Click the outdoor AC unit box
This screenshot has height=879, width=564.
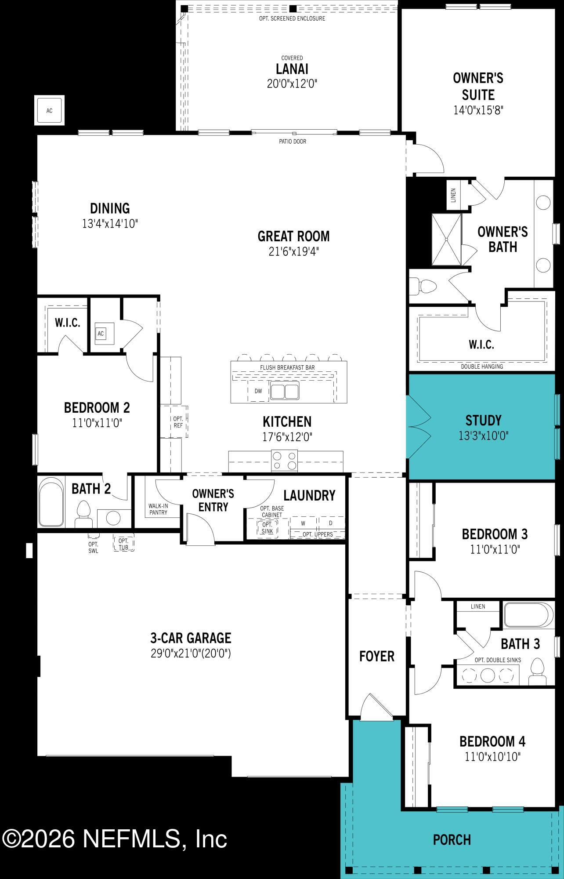coord(49,110)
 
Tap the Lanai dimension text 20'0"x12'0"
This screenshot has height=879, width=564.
coord(292,84)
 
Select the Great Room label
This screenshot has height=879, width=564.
coord(293,236)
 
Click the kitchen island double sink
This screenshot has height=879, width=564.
coord(285,391)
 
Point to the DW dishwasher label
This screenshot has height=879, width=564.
coord(258,391)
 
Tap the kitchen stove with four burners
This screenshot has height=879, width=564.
coord(285,461)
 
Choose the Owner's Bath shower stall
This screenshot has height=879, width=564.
coord(446,239)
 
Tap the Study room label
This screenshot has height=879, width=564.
coord(483,421)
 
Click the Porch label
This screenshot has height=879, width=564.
coord(452,840)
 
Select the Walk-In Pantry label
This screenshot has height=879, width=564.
coord(158,509)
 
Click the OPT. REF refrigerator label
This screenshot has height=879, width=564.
coord(178,422)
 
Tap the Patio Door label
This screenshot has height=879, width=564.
coord(293,142)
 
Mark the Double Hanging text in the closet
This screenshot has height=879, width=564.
coord(482,366)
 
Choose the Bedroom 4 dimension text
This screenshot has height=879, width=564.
coord(492,756)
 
